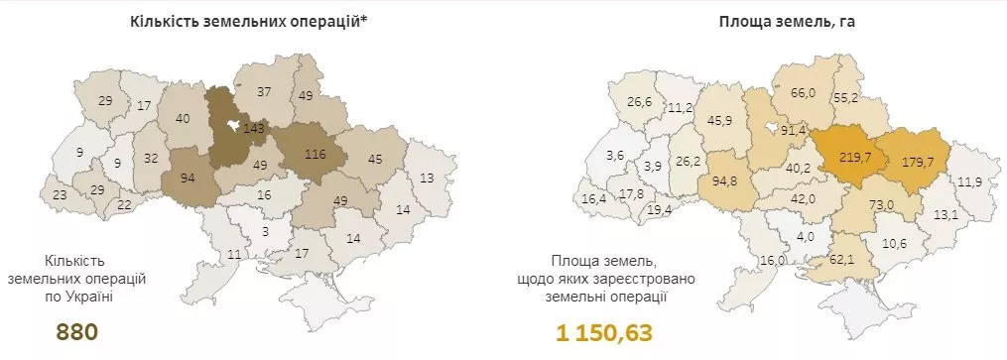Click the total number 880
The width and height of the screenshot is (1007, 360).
[77, 332]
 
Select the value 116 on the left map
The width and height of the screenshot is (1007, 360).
[315, 156]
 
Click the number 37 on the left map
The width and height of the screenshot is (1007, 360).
[264, 92]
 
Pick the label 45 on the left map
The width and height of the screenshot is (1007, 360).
[374, 160]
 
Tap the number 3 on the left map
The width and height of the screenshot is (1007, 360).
[265, 231]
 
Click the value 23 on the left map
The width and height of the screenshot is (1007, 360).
[60, 195]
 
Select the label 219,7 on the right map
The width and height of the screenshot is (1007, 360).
[854, 158]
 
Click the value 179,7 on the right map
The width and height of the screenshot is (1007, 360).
[918, 161]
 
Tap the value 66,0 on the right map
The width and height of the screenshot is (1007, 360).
[803, 92]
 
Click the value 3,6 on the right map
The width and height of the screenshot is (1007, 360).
[615, 155]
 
